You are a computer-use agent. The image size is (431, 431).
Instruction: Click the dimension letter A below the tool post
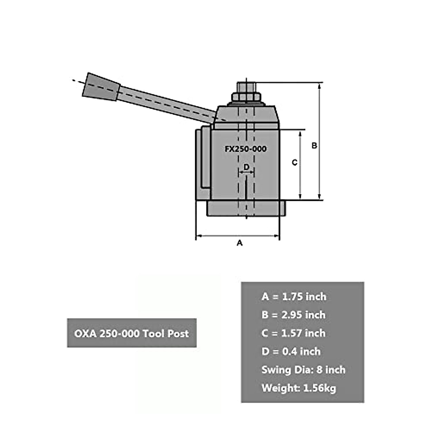pyautogui.click(x=240, y=243)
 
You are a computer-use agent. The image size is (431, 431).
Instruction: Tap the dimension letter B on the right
pyautogui.click(x=314, y=146)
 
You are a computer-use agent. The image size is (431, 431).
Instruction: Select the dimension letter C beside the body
pyautogui.click(x=295, y=163)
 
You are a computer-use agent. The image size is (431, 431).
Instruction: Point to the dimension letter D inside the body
pyautogui.click(x=246, y=167)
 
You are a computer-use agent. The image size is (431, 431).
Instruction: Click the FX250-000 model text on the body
pyautogui.click(x=246, y=149)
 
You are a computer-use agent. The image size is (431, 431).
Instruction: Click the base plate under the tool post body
pyautogui.click(x=246, y=209)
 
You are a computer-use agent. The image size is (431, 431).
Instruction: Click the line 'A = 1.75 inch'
pyautogui.click(x=294, y=297)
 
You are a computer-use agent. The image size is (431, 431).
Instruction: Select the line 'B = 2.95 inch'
pyautogui.click(x=293, y=315)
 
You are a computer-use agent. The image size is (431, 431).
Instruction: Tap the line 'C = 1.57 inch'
pyautogui.click(x=293, y=333)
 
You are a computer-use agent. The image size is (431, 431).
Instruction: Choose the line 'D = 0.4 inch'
pyautogui.click(x=291, y=351)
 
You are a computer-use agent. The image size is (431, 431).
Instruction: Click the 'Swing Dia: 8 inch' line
pyautogui.click(x=303, y=370)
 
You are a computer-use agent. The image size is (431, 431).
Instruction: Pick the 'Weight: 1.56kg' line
pyautogui.click(x=299, y=388)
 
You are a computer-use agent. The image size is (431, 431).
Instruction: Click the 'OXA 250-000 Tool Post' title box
pyautogui.click(x=131, y=333)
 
